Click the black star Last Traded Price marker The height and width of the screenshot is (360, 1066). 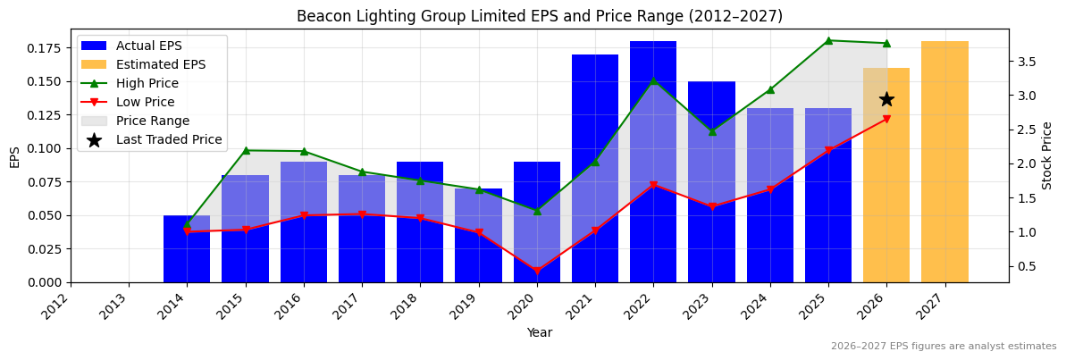point(886,99)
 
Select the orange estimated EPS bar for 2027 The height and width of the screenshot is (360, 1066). point(944,162)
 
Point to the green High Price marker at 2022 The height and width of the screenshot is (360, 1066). point(653,80)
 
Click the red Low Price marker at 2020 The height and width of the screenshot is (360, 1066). point(537,272)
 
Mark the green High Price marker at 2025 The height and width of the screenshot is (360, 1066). point(828,40)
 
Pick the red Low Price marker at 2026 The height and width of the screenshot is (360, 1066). point(886,119)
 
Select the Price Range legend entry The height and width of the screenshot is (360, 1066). point(152,121)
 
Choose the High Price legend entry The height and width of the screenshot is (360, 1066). point(147,83)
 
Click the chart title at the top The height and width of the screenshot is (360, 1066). point(539,16)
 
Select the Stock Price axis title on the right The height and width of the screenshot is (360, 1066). point(1047,155)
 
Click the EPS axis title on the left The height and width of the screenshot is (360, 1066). point(14,156)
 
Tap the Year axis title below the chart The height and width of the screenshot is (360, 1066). point(539,332)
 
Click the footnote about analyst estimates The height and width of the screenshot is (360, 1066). point(943,347)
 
